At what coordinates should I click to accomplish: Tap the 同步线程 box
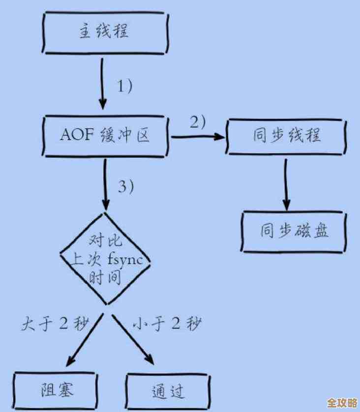[287, 135]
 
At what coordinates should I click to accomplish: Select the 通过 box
[167, 392]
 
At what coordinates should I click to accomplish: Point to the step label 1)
[124, 86]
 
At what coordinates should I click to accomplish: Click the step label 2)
[197, 121]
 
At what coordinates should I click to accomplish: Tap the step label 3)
[125, 186]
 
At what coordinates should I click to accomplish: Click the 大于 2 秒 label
[55, 324]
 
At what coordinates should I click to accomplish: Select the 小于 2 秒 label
[167, 324]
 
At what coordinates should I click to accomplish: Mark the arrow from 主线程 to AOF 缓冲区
[102, 84]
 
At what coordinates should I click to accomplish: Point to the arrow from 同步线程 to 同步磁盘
[286, 184]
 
